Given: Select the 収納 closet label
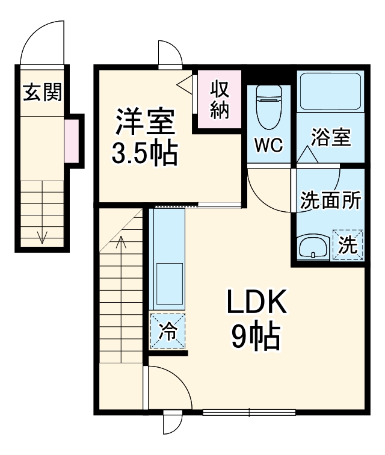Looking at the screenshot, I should [220, 100].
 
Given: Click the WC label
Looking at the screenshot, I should [268, 145].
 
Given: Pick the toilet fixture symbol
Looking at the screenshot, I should [268, 107].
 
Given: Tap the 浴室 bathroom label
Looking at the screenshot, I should [330, 137].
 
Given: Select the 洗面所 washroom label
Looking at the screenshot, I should [330, 200].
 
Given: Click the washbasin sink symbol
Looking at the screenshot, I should [313, 247].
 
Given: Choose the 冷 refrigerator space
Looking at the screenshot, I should [168, 330].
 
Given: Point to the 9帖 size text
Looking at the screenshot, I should [256, 337].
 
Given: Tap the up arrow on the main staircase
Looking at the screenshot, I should [120, 244].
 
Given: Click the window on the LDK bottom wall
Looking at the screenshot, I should [249, 412].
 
